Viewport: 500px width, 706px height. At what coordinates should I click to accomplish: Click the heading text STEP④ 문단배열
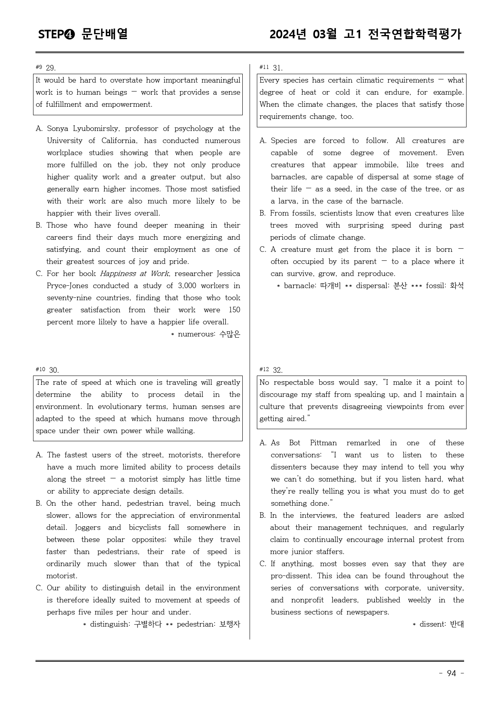point(83,34)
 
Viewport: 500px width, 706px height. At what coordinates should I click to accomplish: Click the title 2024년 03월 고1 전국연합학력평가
point(365,34)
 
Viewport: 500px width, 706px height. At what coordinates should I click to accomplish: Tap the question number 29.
point(51,68)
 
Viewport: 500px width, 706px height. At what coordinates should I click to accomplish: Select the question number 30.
point(54,370)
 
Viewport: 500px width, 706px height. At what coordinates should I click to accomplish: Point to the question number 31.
point(278,68)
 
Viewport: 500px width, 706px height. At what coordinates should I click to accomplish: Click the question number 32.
point(278,370)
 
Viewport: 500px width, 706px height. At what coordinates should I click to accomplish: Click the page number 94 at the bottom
point(451,673)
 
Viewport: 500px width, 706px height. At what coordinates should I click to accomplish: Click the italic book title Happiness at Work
point(134,274)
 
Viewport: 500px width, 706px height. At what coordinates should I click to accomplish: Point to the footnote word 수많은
point(230,334)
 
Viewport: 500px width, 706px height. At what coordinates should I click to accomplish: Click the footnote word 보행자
point(230,624)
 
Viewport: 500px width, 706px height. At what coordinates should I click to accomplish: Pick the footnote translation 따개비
point(331,286)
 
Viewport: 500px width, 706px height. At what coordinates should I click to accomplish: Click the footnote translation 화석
point(457,286)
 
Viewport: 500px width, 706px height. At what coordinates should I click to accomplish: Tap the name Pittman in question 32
point(323,443)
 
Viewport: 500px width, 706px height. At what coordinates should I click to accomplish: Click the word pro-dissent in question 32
point(292,576)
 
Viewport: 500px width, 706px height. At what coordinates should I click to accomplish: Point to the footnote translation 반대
point(457,624)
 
